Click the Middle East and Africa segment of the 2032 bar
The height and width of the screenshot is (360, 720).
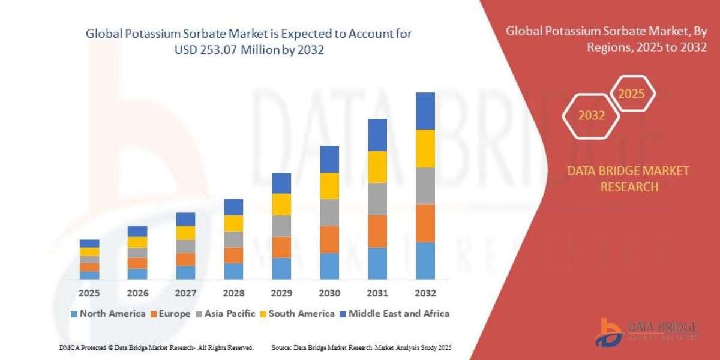[x=425, y=111]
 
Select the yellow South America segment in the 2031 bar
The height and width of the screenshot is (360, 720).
[x=377, y=167]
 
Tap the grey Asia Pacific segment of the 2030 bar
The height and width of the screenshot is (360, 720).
[x=329, y=212]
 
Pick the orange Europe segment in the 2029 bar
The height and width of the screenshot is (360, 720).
[x=281, y=247]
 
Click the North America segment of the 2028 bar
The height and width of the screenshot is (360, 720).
[x=233, y=271]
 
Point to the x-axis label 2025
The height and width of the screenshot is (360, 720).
[x=89, y=294]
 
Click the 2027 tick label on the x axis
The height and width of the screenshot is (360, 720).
[x=185, y=294]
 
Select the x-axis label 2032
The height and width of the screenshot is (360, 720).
[x=425, y=294]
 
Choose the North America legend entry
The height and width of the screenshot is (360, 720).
[x=108, y=313]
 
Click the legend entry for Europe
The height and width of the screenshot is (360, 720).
[x=170, y=313]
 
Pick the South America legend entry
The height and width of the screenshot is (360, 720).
[x=297, y=313]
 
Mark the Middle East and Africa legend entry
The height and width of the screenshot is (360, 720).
[x=394, y=313]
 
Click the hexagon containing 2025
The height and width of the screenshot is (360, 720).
[x=631, y=94]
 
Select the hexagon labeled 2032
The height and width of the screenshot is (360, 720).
[x=591, y=116]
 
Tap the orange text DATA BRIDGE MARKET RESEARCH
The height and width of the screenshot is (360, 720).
[x=628, y=179]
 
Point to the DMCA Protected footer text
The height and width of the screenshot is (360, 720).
[x=156, y=347]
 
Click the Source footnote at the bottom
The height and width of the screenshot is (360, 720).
[x=361, y=347]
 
